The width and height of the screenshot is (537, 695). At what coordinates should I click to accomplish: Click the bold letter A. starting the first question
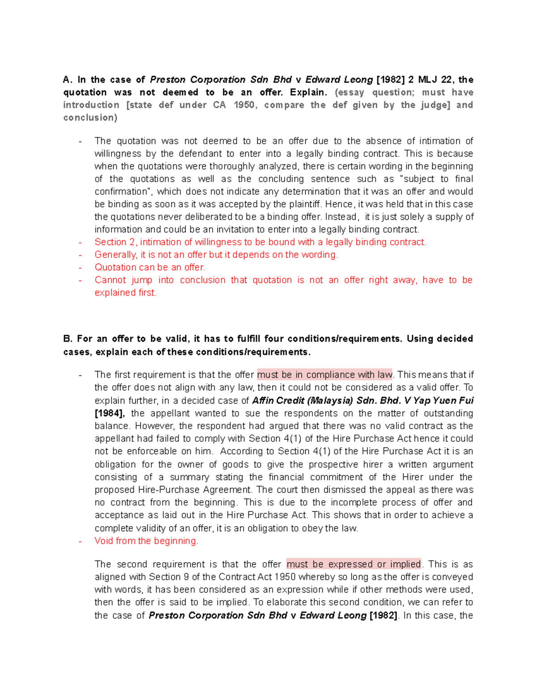68,80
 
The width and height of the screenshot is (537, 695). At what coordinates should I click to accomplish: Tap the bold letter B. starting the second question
68,339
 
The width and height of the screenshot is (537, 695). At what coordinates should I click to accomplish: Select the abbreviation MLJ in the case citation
428,80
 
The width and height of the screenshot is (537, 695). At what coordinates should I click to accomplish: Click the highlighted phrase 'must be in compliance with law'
325,375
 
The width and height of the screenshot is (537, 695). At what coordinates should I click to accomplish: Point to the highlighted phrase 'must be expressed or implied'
354,564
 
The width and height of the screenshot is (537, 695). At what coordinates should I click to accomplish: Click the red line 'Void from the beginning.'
146,541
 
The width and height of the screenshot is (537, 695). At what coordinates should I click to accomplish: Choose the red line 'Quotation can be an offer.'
150,267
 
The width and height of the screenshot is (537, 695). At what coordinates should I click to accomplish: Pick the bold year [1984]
110,413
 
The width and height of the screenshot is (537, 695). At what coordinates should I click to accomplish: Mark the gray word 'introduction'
91,105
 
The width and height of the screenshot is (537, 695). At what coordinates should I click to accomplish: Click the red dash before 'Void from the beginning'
80,541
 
